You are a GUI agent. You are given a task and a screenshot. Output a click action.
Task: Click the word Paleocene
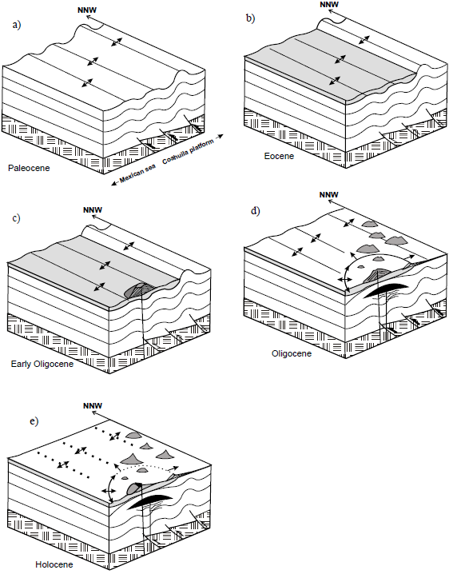coord(29,169)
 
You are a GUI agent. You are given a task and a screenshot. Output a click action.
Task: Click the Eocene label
coord(279,156)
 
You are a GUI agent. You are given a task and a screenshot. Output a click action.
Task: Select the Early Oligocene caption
coord(42,364)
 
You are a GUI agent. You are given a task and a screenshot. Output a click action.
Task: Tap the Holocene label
coord(54,564)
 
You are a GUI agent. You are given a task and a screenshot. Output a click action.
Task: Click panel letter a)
coord(17,25)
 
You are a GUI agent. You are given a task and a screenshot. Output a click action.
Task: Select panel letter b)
coord(250,18)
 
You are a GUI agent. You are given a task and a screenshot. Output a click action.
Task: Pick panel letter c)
coord(16,217)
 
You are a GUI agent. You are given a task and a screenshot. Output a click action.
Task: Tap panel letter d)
coord(255,211)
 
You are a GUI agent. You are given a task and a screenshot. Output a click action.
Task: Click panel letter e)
coord(34,421)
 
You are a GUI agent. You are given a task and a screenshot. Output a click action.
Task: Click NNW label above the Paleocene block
coord(87,10)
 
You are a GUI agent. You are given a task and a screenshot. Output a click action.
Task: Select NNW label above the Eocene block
coord(329,4)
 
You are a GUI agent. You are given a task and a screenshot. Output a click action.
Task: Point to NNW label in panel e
coord(93,405)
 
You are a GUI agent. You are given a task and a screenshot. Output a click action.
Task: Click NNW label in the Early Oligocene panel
coord(93,210)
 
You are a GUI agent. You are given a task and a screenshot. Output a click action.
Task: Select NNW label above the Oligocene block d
coord(329,194)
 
